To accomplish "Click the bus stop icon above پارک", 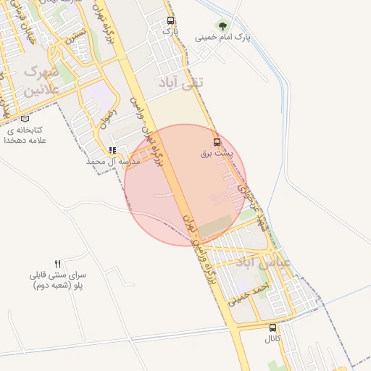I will pyautogui.click(x=170, y=21).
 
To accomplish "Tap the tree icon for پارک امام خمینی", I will pyautogui.click(x=222, y=25).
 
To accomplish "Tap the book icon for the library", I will pyautogui.click(x=25, y=119).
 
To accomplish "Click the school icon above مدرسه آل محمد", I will pyautogui.click(x=112, y=150).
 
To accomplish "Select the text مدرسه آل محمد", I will pyautogui.click(x=112, y=161).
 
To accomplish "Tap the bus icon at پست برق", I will pyautogui.click(x=217, y=142).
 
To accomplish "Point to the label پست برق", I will pyautogui.click(x=217, y=154).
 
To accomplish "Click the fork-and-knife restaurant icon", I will pyautogui.click(x=58, y=264).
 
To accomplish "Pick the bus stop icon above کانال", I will pyautogui.click(x=272, y=328).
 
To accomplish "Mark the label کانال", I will pyautogui.click(x=272, y=338).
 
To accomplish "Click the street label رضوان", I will pyautogui.click(x=104, y=116).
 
